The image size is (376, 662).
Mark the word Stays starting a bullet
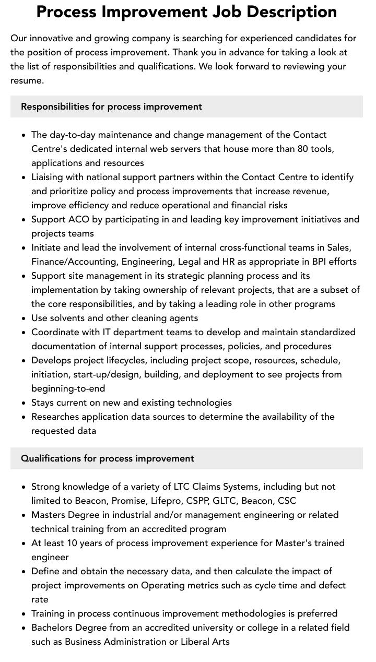click(x=43, y=403)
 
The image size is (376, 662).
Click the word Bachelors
click(x=54, y=628)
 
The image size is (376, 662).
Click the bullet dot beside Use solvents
click(x=24, y=318)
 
